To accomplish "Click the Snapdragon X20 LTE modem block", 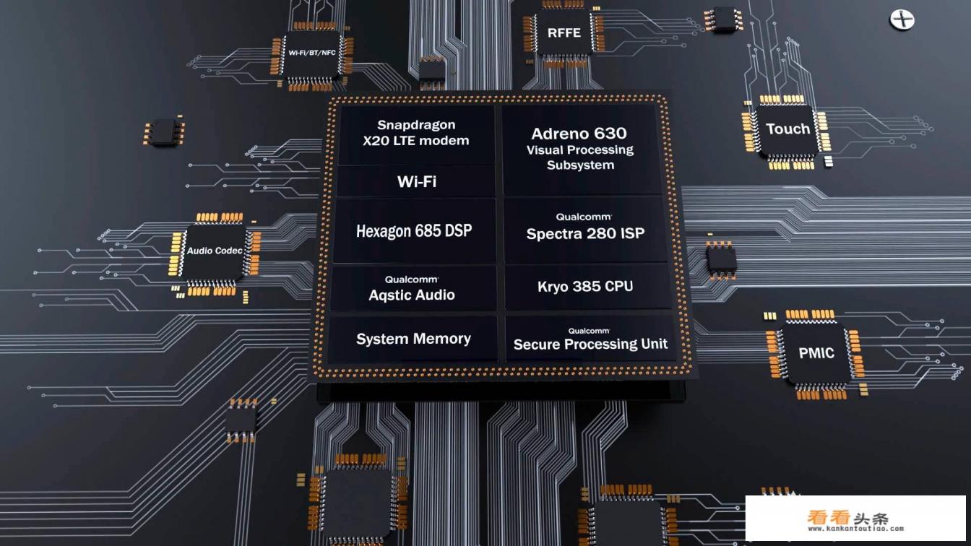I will coord(416,134).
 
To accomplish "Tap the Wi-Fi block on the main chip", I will coord(417,181).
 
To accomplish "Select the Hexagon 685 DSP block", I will coord(414,231).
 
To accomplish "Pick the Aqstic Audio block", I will coord(412,288).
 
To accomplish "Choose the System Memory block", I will coord(413,339).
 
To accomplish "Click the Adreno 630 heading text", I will coord(579,134).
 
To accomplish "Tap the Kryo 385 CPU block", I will coord(585,287).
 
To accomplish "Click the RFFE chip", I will coord(564,32).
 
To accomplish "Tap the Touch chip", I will coord(787,129).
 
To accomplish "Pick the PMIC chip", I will coord(816,353).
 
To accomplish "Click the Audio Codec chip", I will coord(215,251).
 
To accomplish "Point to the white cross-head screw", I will coord(902,19).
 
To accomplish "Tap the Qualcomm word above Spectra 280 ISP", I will coord(584,217).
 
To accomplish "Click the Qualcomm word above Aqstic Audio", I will coord(411,279).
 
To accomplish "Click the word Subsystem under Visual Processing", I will coord(580,165).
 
